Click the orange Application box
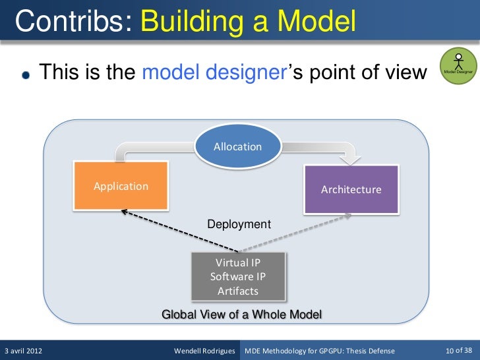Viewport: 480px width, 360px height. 121,186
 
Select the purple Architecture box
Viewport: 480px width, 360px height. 351,189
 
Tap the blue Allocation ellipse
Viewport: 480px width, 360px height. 238,146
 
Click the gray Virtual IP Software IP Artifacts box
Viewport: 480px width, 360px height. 238,276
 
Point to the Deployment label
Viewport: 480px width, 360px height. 239,224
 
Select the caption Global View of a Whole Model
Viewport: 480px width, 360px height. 241,315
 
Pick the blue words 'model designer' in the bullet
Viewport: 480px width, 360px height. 212,72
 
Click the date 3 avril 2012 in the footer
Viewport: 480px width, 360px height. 24,350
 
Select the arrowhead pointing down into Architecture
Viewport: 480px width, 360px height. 347,159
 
